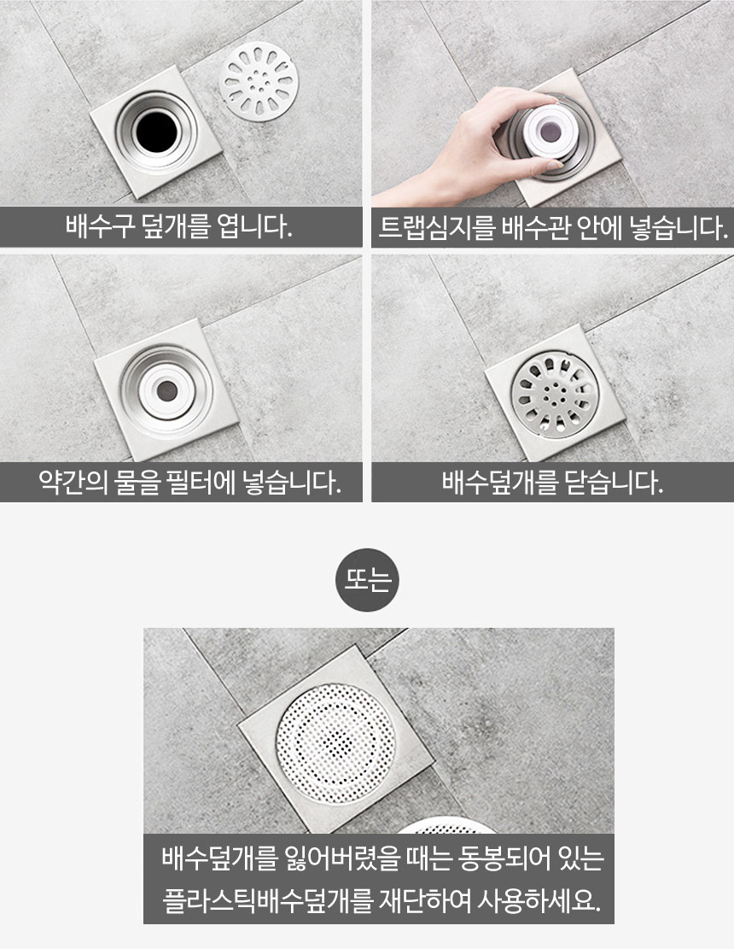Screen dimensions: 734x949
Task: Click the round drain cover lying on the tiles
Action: tap(259, 81)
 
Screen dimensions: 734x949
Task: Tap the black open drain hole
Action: tap(156, 132)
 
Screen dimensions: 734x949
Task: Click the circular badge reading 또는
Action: tap(367, 580)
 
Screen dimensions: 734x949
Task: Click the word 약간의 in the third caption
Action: tap(73, 483)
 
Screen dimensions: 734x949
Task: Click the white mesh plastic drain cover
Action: tap(336, 743)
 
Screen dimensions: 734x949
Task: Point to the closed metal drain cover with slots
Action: tap(555, 395)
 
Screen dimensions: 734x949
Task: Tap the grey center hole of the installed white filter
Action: tap(167, 391)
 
